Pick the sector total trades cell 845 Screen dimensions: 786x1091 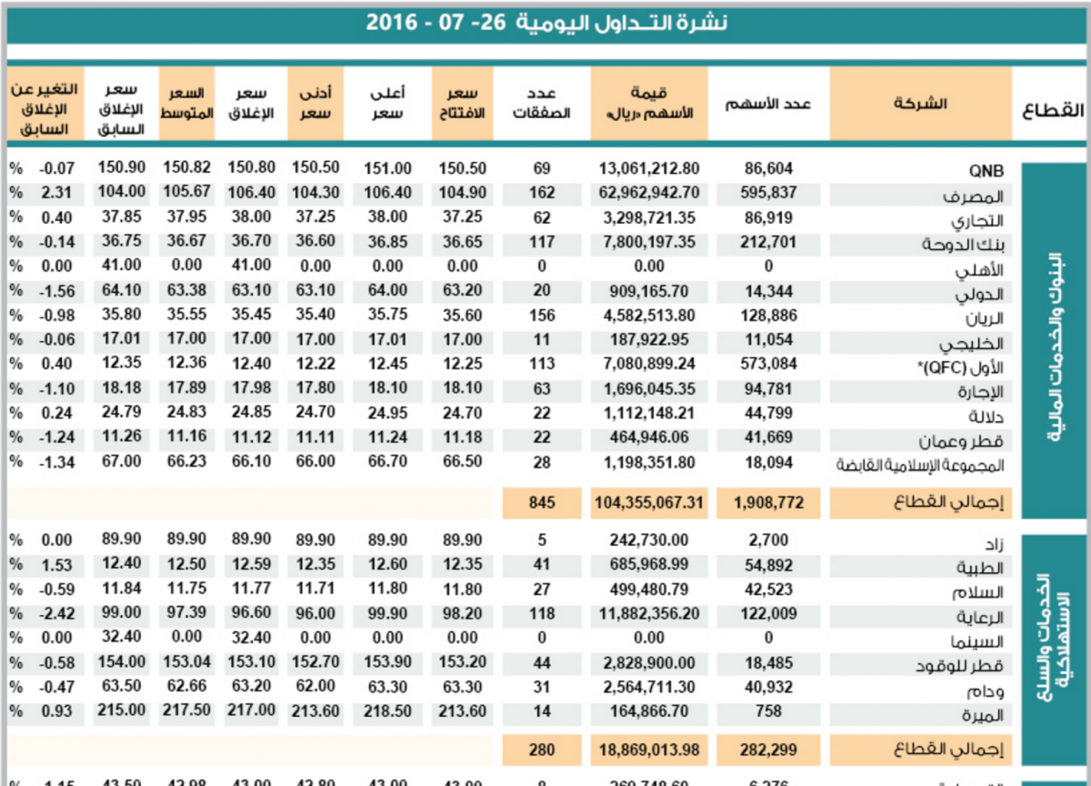(x=542, y=500)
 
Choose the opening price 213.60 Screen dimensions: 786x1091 (x=463, y=710)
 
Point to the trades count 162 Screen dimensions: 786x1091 (x=542, y=193)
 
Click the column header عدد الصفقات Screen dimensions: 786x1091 (x=542, y=104)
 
